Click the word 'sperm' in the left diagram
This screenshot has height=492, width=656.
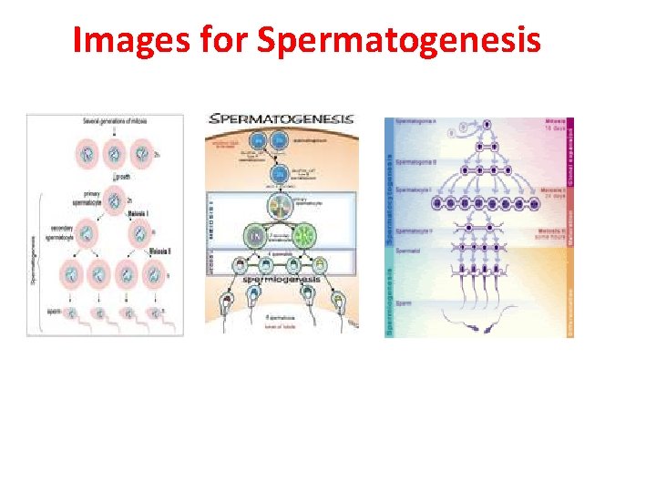[54, 312]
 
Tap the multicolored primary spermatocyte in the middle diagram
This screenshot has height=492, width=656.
[281, 206]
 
